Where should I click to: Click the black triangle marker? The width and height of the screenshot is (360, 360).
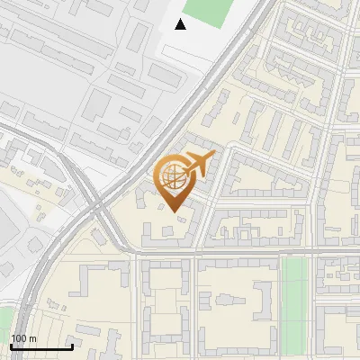(x=181, y=24)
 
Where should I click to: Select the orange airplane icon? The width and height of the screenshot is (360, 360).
(x=199, y=164)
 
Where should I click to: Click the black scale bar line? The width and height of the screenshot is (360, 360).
(x=41, y=346)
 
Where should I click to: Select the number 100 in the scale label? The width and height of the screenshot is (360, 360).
(x=19, y=338)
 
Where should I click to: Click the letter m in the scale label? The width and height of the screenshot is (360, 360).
(x=32, y=338)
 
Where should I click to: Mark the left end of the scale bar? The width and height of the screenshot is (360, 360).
(x=11, y=346)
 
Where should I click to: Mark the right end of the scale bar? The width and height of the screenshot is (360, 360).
(x=72, y=346)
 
